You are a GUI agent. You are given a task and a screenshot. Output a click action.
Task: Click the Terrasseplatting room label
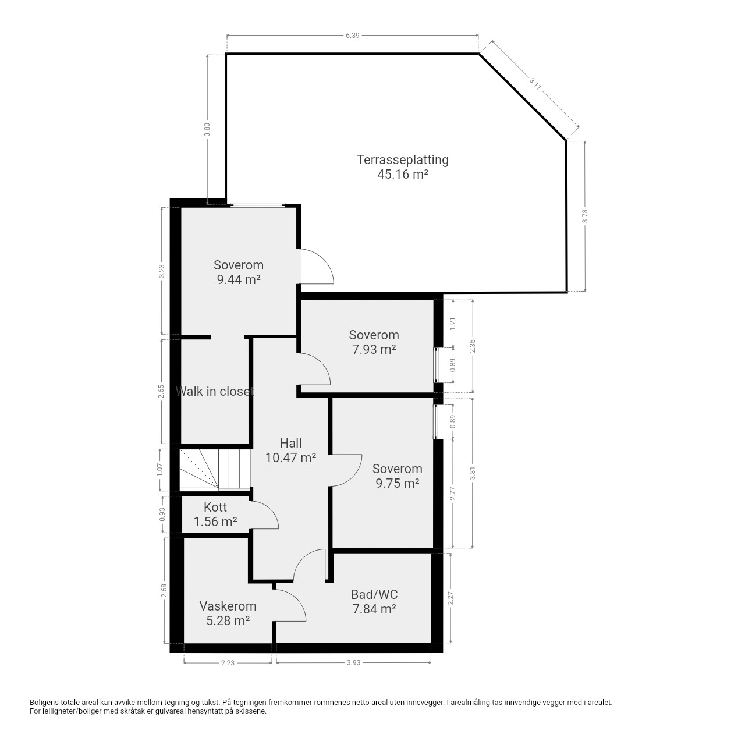(x=402, y=160)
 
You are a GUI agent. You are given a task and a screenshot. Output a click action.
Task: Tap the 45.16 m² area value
(x=402, y=175)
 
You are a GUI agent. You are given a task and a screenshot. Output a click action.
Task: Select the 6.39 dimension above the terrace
(x=352, y=36)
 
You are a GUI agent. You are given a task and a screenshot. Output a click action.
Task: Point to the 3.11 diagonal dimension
(x=535, y=84)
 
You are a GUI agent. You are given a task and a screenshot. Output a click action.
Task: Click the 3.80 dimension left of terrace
(x=207, y=130)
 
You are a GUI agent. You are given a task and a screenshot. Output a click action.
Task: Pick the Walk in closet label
(x=215, y=391)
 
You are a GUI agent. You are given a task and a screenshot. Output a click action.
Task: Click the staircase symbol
(x=215, y=470)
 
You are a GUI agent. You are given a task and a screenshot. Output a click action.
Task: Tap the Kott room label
(x=215, y=507)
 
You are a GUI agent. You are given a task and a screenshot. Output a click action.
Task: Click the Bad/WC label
(x=374, y=594)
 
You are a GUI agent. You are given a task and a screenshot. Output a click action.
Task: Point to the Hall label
(x=291, y=443)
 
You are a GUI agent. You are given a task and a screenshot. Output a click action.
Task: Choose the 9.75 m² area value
(x=398, y=483)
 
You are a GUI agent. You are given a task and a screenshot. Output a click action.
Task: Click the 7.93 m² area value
(x=374, y=349)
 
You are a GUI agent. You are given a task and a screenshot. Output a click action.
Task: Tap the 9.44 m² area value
(x=239, y=279)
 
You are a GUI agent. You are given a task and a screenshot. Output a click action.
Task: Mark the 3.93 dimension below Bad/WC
(x=353, y=663)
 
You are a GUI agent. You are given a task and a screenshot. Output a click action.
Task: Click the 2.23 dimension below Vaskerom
(x=228, y=663)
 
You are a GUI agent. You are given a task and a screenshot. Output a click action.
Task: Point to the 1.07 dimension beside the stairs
(x=161, y=470)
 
